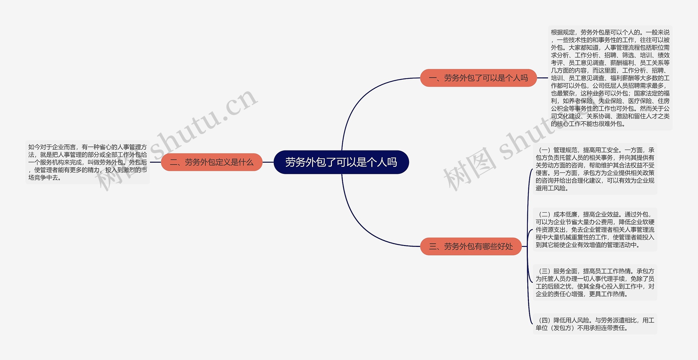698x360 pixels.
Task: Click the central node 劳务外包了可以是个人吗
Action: click(341, 162)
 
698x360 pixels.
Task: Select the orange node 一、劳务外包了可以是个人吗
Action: click(478, 78)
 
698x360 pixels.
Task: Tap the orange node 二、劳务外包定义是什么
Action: click(212, 162)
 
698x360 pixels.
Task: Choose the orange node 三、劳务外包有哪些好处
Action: click(471, 246)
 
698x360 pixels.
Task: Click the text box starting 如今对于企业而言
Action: click(88, 162)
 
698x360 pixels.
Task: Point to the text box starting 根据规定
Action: click(610, 78)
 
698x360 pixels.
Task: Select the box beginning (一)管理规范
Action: click(595, 169)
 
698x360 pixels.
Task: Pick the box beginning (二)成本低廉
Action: click(595, 229)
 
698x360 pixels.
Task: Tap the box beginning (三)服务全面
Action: click(595, 282)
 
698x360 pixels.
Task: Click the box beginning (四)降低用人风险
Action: click(595, 324)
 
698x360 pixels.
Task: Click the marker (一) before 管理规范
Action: click(544, 150)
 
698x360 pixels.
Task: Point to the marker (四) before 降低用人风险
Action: click(544, 320)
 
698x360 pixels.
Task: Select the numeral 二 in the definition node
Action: click(174, 162)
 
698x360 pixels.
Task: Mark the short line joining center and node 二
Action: click(268, 162)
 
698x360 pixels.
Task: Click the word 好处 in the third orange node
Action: click(505, 246)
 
